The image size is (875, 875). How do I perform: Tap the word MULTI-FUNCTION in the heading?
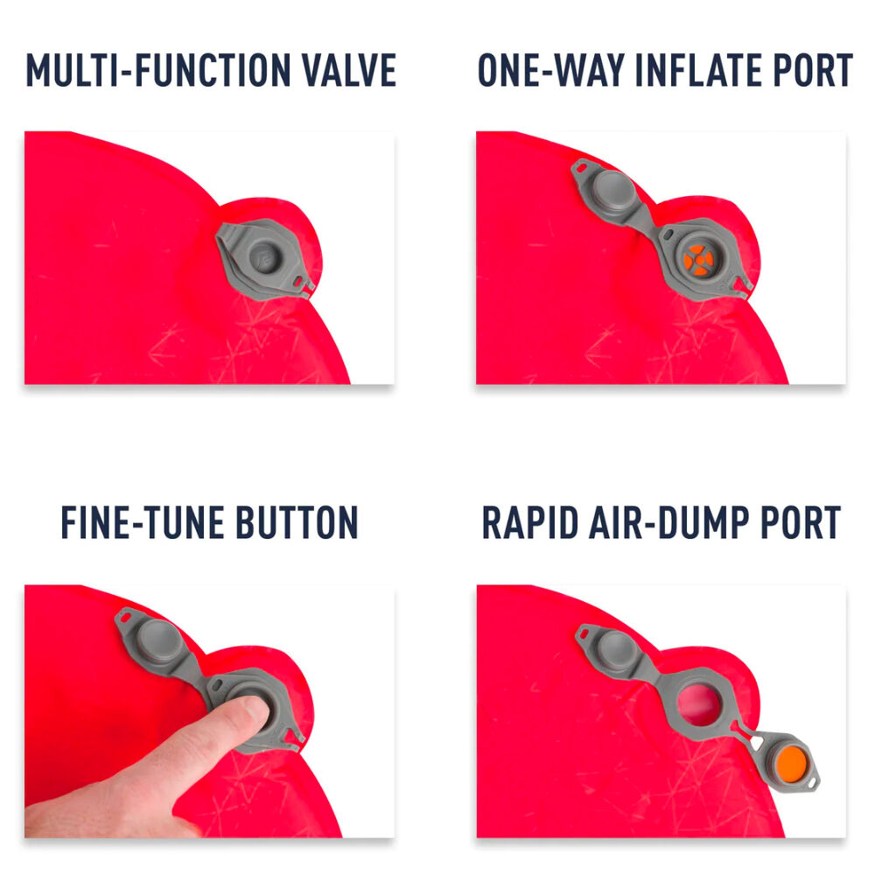(x=157, y=70)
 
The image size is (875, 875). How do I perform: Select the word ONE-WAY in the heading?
(x=551, y=70)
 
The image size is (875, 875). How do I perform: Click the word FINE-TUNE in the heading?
(x=142, y=522)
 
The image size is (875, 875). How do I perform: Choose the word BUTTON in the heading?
(x=297, y=522)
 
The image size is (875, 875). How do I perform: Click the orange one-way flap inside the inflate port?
(x=697, y=260)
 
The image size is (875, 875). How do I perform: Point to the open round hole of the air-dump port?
(x=698, y=704)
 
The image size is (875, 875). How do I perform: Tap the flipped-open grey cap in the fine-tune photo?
(x=157, y=640)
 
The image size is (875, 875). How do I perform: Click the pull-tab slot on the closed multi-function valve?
(x=303, y=281)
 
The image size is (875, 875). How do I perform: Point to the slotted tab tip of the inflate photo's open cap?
(x=582, y=166)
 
